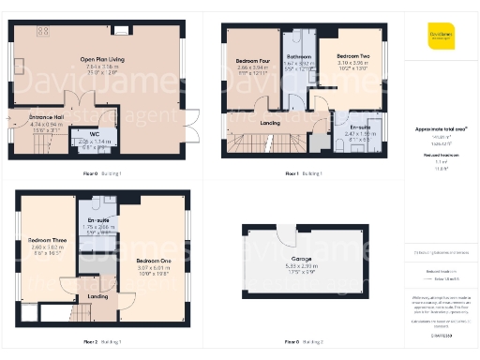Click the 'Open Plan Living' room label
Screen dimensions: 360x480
point(103,59)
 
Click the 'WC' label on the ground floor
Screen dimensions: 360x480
point(93,134)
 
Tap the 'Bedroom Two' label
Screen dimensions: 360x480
point(353,56)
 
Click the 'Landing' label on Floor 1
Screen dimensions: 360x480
point(270,121)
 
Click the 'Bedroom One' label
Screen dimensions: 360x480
point(153,260)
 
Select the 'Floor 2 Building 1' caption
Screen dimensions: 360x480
point(103,343)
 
